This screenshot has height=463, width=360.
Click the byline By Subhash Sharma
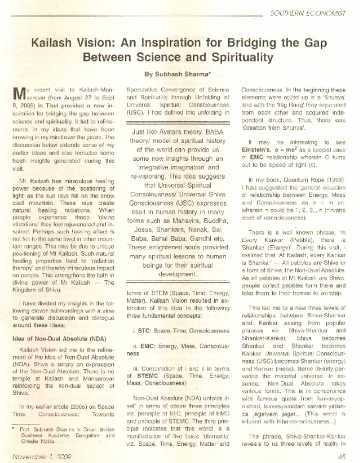point(179,74)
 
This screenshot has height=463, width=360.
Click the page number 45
point(340,457)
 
